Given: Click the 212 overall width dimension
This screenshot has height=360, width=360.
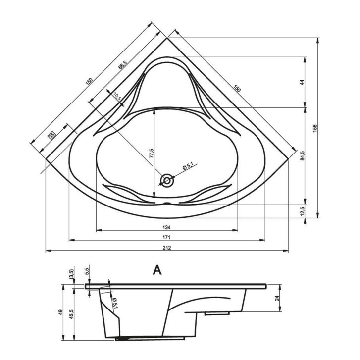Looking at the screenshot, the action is [167, 248].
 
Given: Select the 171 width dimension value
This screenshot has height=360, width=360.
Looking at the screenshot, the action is [166, 237].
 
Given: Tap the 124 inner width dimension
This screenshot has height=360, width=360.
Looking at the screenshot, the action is [166, 227].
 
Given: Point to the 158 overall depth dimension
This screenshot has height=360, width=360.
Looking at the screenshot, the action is [315, 128].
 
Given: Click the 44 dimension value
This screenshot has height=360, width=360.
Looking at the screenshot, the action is [302, 82].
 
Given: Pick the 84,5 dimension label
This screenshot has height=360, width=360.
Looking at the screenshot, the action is [302, 155].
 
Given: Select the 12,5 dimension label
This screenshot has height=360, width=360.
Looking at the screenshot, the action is [302, 211].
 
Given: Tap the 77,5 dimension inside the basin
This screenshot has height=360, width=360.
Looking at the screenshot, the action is [151, 153].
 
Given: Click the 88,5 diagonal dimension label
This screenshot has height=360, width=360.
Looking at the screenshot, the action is [122, 65].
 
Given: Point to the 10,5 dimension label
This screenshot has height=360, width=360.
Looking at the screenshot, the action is [117, 97].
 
